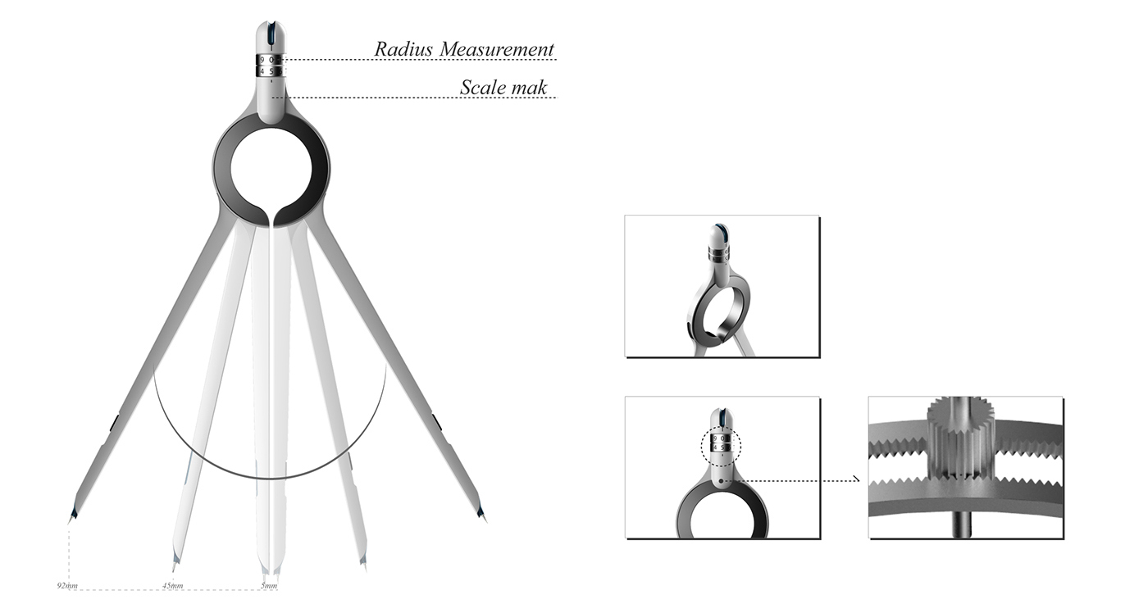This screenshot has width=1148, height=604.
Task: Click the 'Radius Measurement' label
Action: point(464,49)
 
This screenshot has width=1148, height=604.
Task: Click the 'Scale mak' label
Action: point(503,88)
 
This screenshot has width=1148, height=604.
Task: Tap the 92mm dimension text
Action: point(66,587)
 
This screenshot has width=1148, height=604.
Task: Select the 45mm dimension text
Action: point(172,587)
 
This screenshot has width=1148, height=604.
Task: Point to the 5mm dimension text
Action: point(268,587)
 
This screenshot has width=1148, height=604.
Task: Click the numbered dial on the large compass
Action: point(269,66)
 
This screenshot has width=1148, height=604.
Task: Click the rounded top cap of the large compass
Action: point(269,37)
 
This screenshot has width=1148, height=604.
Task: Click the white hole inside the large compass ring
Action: point(271,168)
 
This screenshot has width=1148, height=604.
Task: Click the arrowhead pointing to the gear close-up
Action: point(856,481)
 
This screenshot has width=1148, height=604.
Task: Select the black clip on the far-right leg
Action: point(436,422)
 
